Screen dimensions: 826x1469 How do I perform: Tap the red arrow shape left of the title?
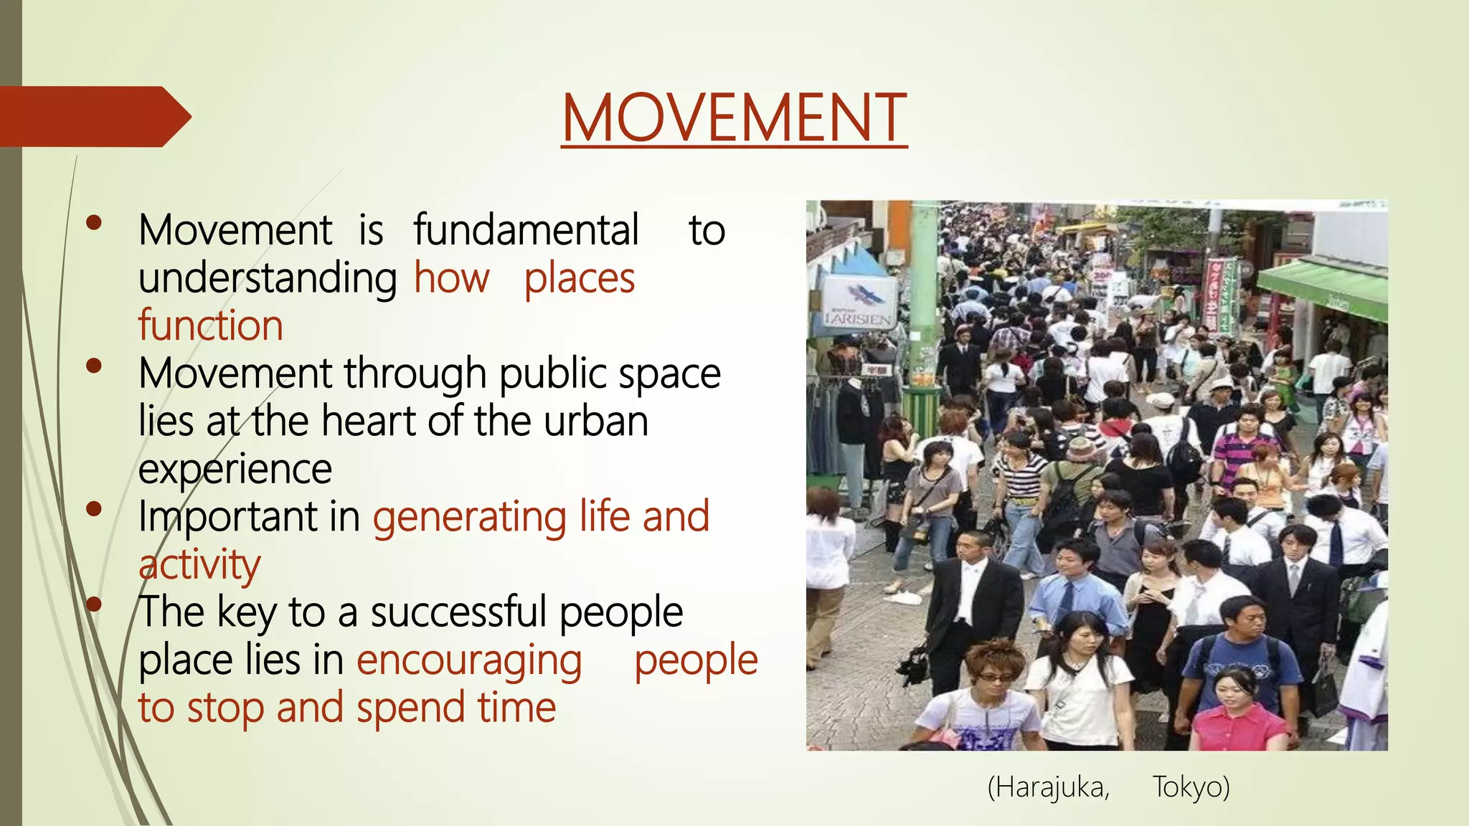93,116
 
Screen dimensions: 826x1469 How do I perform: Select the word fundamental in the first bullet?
526,231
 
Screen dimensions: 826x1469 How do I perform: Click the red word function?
211,326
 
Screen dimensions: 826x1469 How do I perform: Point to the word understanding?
268,278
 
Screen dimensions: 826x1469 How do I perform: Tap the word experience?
235,470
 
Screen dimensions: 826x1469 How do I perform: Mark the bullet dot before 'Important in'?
93,509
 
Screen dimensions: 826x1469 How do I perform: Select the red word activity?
199,565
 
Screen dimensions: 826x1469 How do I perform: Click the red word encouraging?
469,660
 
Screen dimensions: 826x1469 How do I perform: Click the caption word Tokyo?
1191,787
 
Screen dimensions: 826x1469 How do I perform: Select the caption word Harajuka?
1049,787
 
